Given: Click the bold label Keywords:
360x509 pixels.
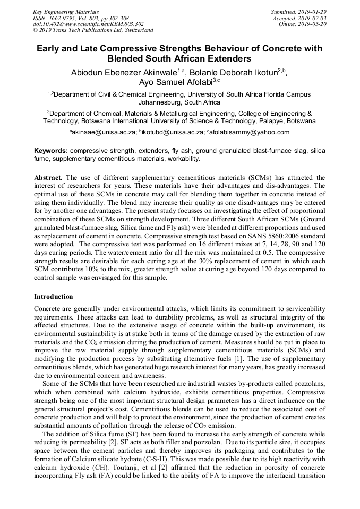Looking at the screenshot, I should click(51, 151).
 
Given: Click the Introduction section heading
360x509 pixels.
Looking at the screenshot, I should click(54, 296).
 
